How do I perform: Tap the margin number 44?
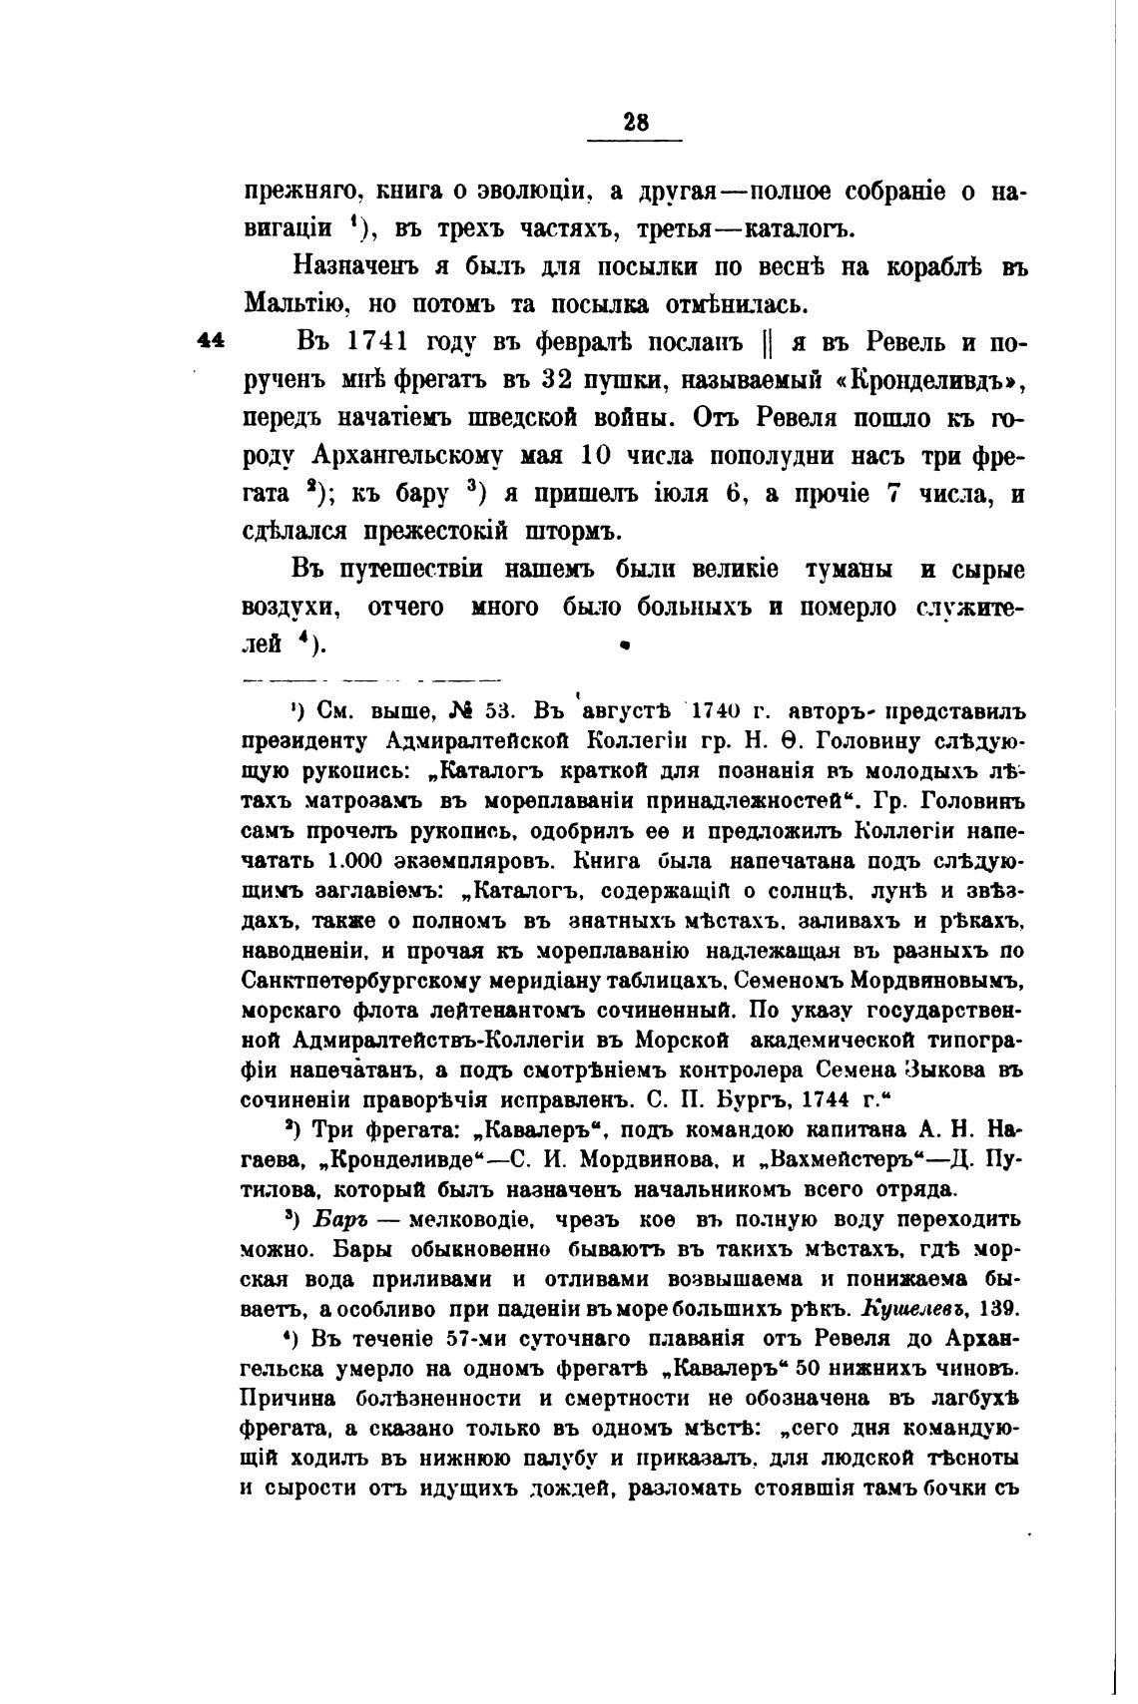click(211, 340)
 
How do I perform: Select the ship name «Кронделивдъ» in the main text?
click(923, 380)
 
